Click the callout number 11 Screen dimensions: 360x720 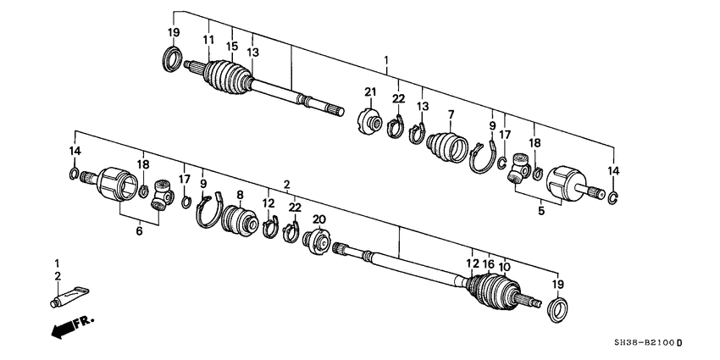208,41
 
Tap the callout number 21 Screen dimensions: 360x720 370,92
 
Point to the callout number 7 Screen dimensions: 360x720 451,114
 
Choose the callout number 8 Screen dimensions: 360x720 240,194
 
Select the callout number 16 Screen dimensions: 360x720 489,263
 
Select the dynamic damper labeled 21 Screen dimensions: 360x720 369,121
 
